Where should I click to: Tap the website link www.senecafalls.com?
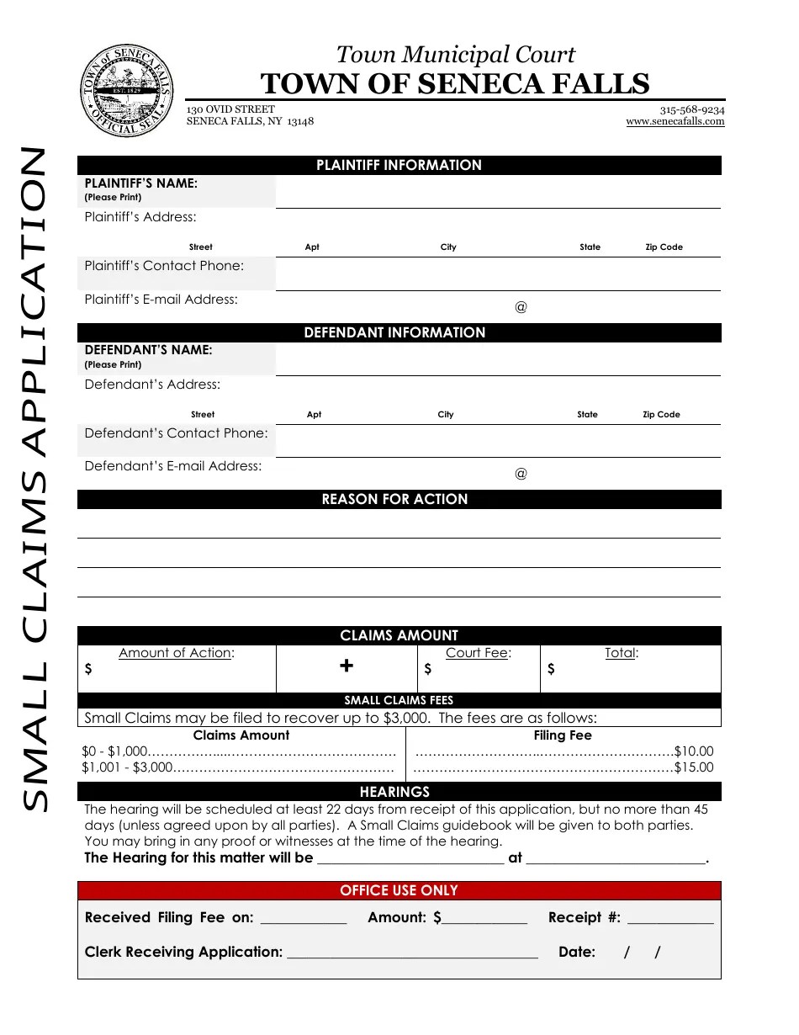(675, 121)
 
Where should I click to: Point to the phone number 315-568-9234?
(691, 109)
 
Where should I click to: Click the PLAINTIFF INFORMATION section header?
(399, 166)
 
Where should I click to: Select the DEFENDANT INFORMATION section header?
(399, 332)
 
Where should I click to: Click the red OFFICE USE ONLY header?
(399, 890)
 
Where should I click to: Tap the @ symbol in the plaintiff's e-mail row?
(521, 307)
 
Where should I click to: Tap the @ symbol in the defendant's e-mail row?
(521, 474)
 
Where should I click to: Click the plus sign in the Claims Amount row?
(346, 666)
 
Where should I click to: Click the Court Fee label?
(478, 652)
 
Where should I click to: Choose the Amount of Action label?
(177, 652)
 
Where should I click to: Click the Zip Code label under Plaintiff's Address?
(664, 247)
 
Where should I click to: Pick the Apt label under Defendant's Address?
(314, 415)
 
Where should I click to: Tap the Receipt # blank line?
(670, 919)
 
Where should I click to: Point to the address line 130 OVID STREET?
(230, 109)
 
